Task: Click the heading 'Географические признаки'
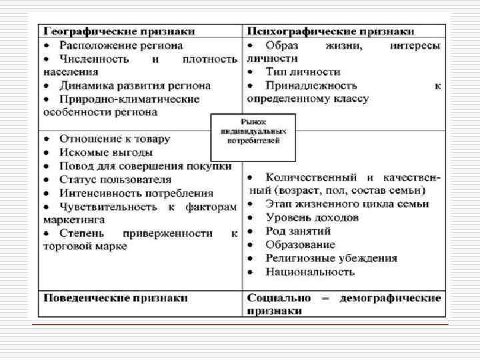tap(119, 31)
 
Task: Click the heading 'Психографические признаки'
tap(331, 31)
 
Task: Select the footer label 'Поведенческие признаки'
tap(115, 297)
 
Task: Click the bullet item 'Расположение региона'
tap(119, 45)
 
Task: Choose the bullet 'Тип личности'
tap(302, 71)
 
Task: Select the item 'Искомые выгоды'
tap(101, 152)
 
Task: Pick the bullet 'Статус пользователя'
tap(115, 179)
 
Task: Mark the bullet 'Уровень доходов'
tap(311, 217)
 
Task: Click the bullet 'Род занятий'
tap(297, 231)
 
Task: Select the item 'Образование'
tap(301, 245)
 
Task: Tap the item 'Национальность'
tap(309, 271)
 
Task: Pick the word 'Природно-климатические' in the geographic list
tap(129, 99)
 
